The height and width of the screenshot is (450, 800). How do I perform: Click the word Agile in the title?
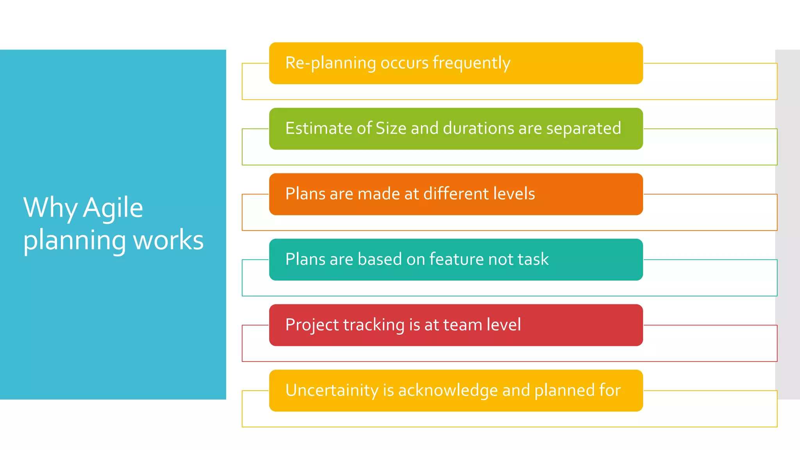[113, 208]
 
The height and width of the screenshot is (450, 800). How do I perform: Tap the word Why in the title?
[50, 208]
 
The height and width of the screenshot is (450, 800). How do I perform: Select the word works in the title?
[168, 240]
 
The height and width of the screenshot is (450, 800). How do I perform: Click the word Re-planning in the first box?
[330, 63]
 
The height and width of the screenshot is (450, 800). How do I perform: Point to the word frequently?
[471, 63]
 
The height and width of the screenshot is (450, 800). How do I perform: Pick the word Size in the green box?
[391, 129]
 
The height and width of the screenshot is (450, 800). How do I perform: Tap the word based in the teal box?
[379, 259]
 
